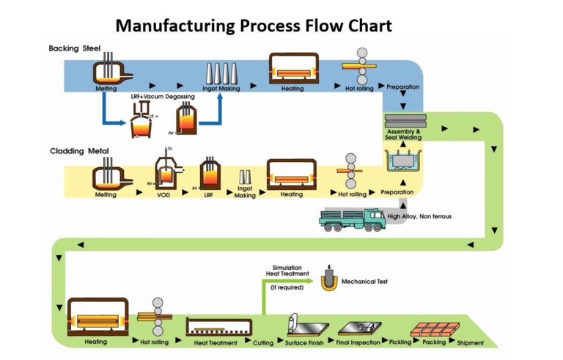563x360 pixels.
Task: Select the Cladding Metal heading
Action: tap(79, 152)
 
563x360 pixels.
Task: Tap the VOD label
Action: tap(165, 195)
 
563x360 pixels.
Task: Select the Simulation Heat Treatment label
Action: tap(287, 272)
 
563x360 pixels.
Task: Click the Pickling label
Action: tap(400, 343)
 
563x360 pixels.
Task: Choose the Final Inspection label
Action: tap(360, 343)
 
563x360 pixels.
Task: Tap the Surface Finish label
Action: tap(303, 343)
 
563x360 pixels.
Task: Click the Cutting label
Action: tap(263, 343)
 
